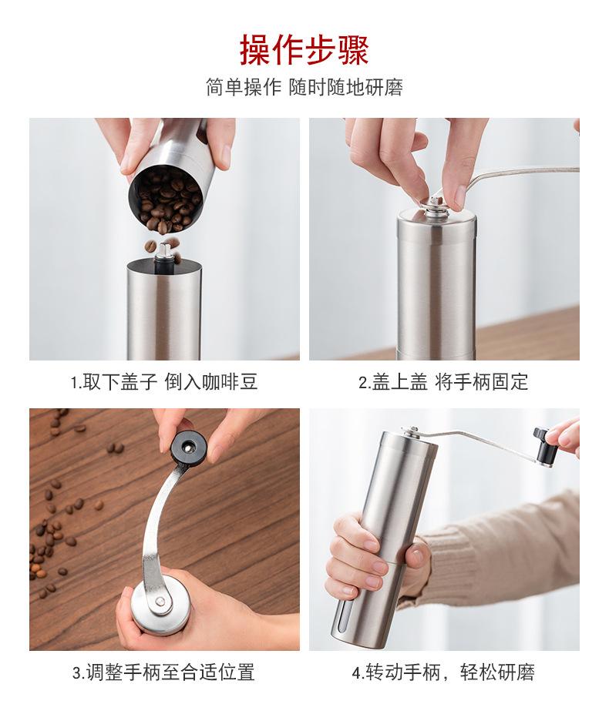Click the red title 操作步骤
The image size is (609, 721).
(304, 49)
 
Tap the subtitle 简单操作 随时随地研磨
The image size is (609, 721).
(304, 87)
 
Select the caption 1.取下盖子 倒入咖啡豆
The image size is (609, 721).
(164, 382)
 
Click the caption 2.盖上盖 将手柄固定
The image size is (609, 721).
(444, 382)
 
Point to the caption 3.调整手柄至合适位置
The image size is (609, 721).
(164, 672)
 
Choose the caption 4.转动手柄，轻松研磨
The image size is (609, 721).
(444, 672)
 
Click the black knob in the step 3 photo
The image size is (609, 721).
(189, 447)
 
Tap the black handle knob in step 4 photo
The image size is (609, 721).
(544, 444)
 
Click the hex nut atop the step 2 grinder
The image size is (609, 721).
(435, 203)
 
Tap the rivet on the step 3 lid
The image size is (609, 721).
(160, 600)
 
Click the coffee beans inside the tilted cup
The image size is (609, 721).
(168, 203)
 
